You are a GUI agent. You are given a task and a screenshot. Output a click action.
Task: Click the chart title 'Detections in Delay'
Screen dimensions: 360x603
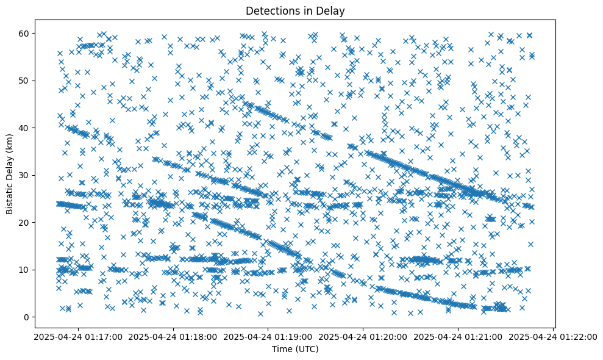click(295, 10)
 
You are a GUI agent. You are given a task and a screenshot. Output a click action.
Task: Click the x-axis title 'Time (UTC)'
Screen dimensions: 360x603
click(295, 349)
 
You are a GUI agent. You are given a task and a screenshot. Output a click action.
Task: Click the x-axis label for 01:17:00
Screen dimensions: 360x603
click(78, 336)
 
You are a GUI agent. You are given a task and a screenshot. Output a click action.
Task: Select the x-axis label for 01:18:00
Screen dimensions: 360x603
click(173, 336)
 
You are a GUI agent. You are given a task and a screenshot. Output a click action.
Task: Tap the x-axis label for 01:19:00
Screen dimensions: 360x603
click(268, 336)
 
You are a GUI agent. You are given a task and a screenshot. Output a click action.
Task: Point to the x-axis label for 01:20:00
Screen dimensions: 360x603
click(363, 336)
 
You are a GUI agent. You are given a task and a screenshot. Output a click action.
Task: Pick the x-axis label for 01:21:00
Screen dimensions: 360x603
click(458, 336)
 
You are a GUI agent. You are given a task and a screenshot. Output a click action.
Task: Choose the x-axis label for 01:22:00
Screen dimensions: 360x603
click(554, 336)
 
